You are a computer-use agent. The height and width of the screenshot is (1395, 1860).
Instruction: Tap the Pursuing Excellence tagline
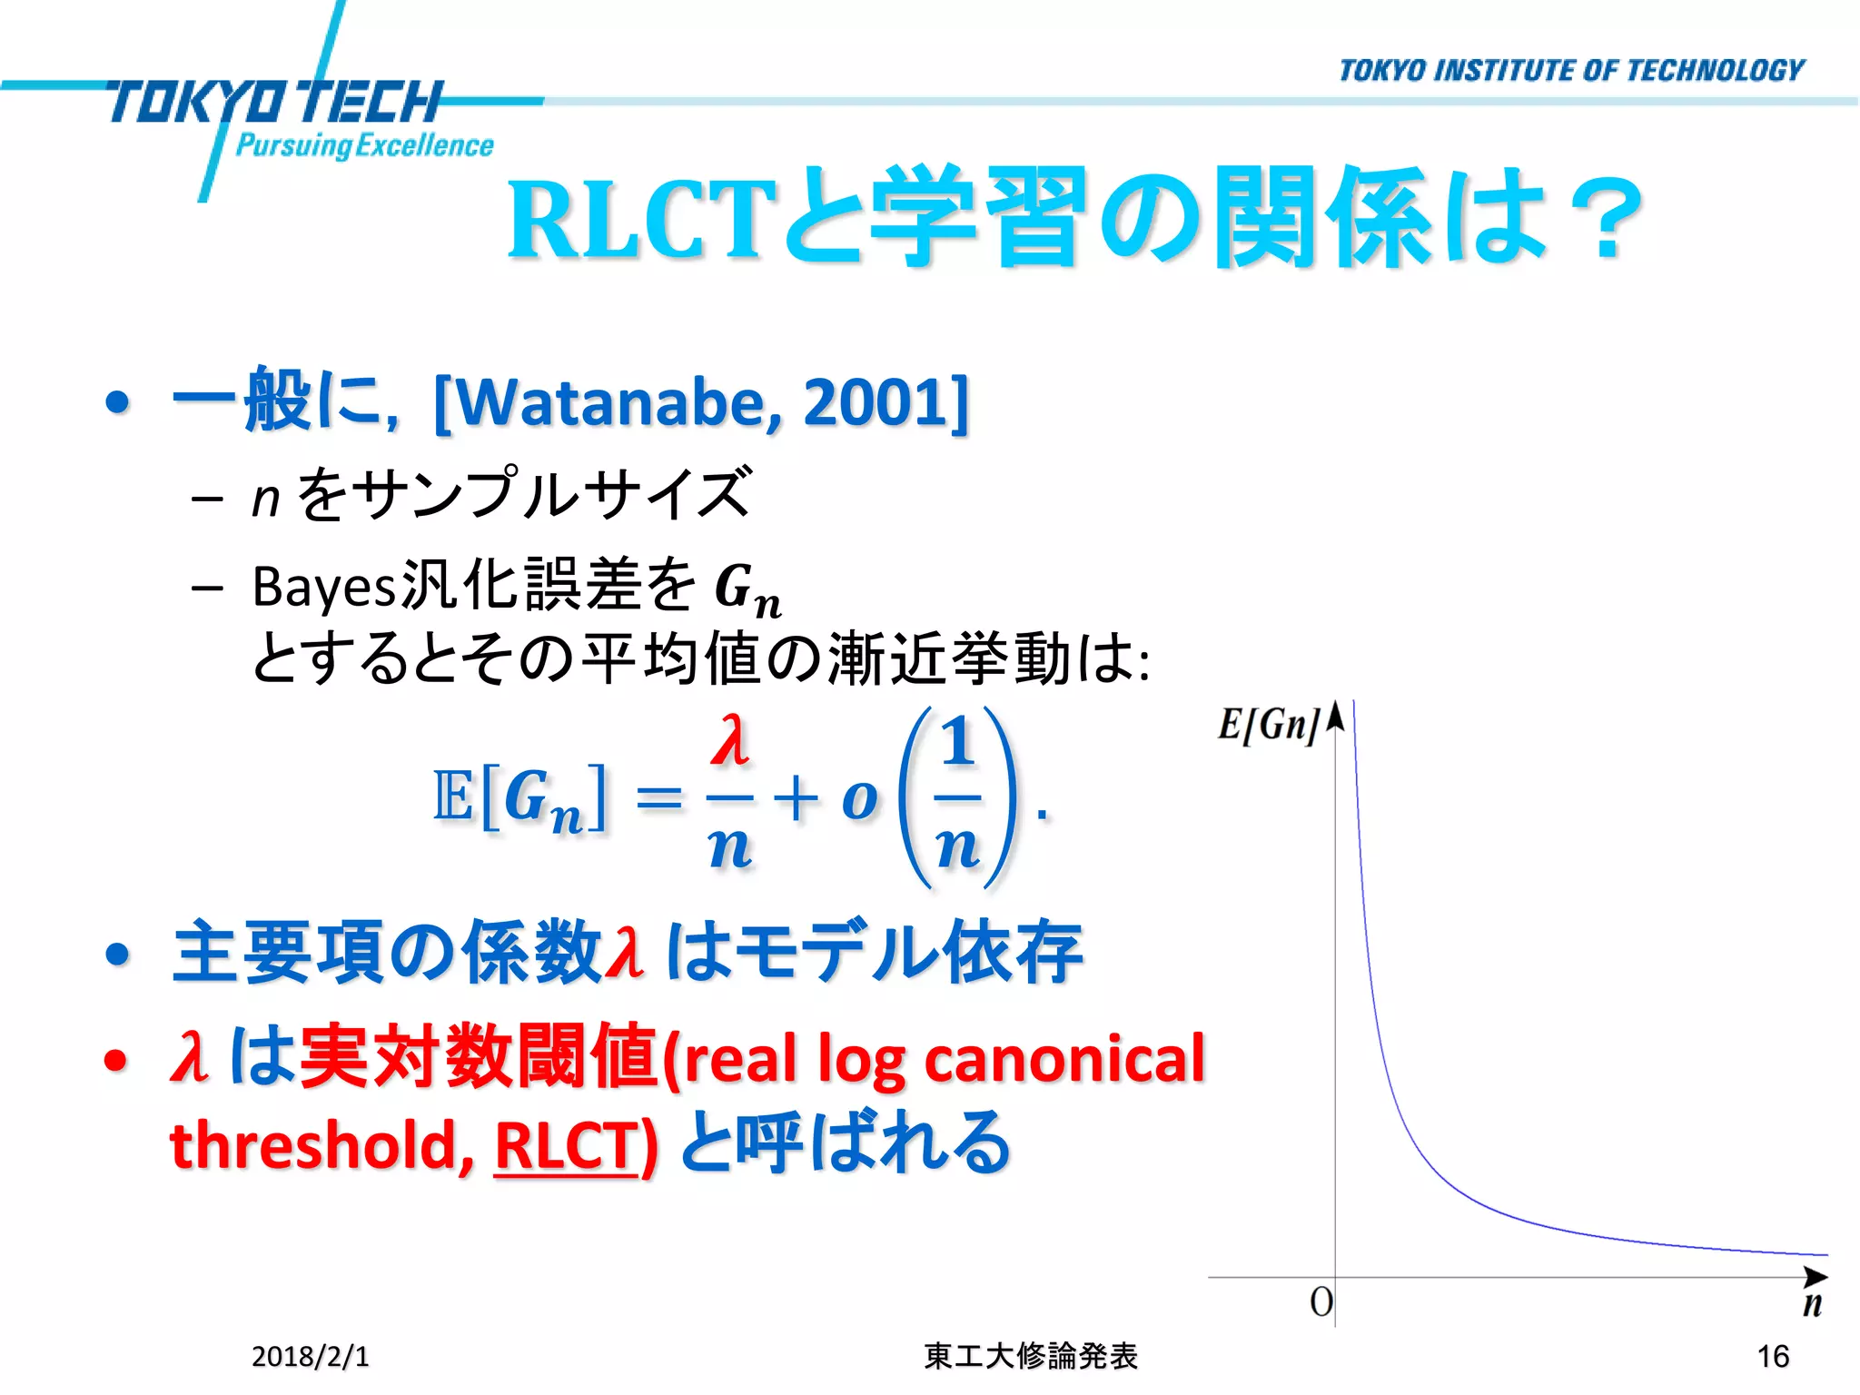tap(364, 145)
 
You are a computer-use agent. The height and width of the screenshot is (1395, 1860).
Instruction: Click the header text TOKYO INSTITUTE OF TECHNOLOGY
tap(1571, 71)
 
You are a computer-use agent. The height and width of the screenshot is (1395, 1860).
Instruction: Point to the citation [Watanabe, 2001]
tap(701, 402)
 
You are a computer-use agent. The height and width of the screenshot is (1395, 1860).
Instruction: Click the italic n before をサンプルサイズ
tap(265, 499)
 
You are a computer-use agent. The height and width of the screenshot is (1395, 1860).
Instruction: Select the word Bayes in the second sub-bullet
tap(323, 587)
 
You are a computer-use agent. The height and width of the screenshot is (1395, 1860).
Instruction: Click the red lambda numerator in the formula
tap(730, 741)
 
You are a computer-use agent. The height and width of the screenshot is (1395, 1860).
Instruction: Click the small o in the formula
tap(859, 799)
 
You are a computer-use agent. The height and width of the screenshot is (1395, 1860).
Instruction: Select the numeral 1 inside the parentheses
tap(957, 741)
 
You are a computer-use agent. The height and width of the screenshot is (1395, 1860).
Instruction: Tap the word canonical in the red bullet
tap(1064, 1059)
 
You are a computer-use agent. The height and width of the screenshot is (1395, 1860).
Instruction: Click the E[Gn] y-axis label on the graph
tap(1268, 725)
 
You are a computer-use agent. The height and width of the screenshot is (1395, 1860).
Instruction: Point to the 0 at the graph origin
tap(1321, 1302)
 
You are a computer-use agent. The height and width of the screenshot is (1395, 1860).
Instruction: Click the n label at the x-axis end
tap(1812, 1304)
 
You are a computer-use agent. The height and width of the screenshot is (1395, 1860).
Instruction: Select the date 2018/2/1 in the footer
tap(310, 1356)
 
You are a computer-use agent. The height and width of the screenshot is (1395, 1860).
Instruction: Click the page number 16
tap(1772, 1356)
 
